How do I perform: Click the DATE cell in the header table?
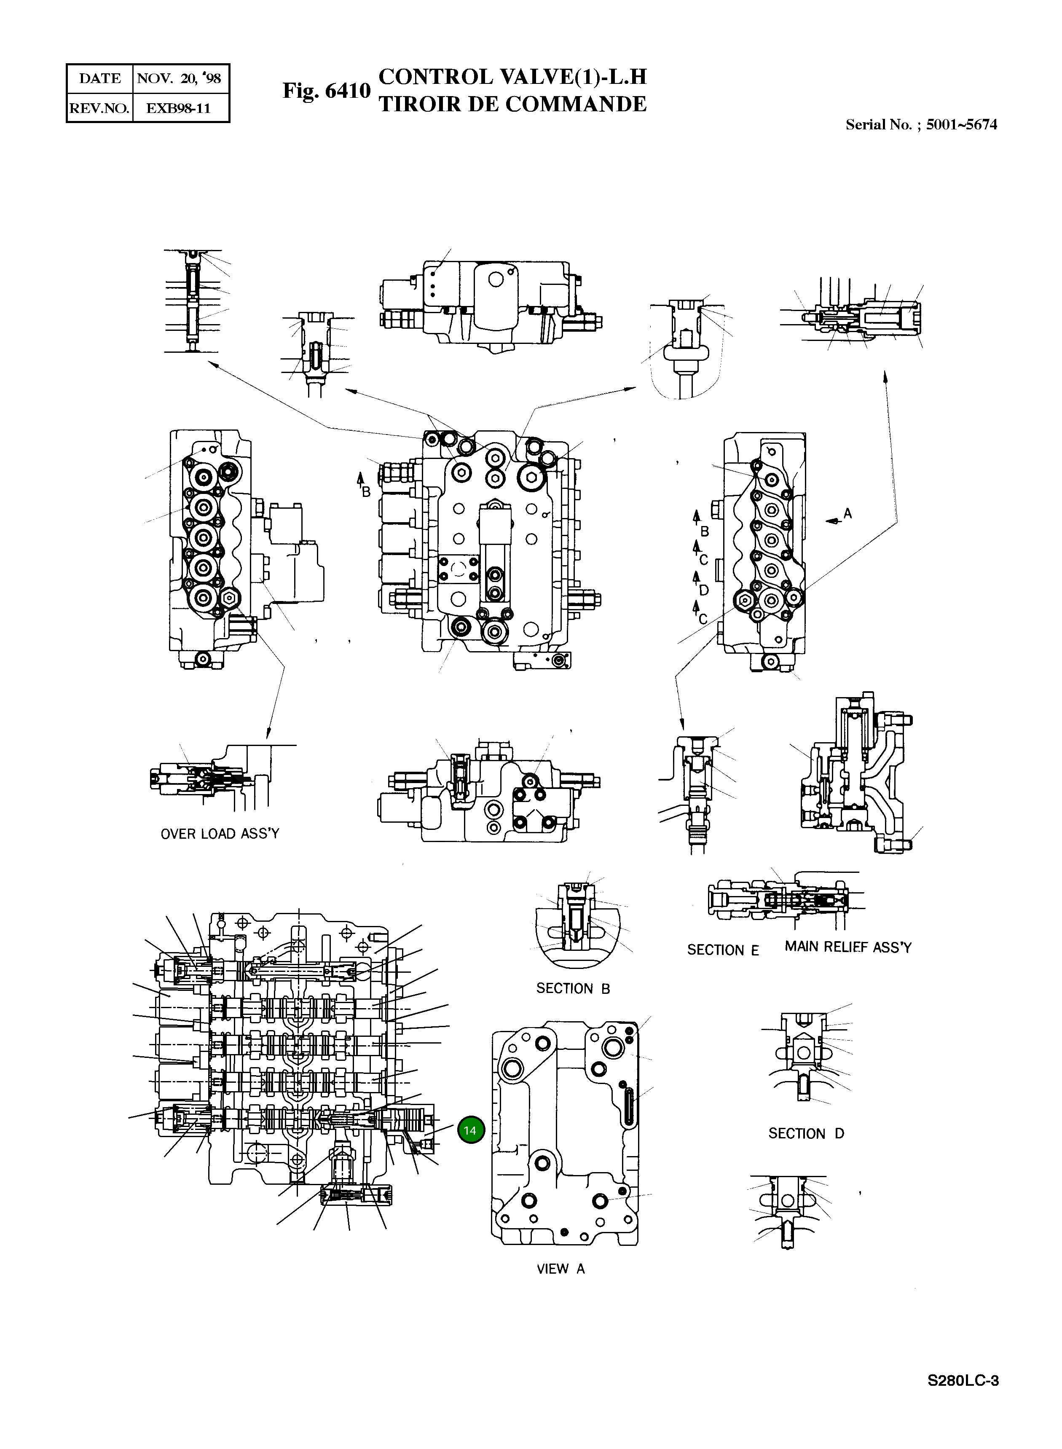pyautogui.click(x=99, y=78)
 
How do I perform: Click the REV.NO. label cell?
pyautogui.click(x=99, y=108)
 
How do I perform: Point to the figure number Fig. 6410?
pyautogui.click(x=327, y=91)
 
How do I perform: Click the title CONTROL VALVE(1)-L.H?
pyautogui.click(x=512, y=77)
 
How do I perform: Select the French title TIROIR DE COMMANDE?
pyautogui.click(x=512, y=104)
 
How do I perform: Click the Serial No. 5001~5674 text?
pyautogui.click(x=920, y=125)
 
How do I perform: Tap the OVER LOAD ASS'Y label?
pyautogui.click(x=220, y=834)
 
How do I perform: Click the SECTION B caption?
pyautogui.click(x=573, y=989)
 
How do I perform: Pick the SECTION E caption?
pyautogui.click(x=723, y=950)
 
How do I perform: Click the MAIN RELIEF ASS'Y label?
pyautogui.click(x=847, y=947)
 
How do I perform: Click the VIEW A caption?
pyautogui.click(x=560, y=1269)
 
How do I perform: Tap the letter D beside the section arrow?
pyautogui.click(x=704, y=590)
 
